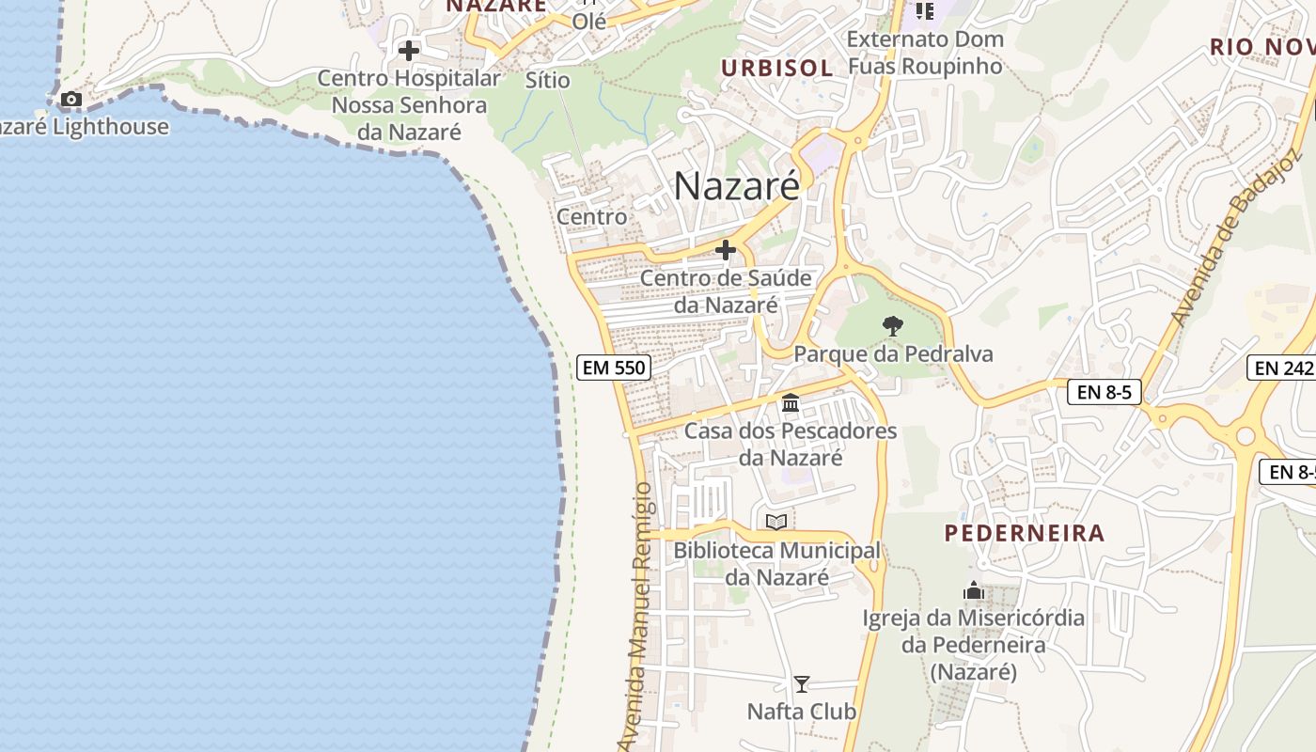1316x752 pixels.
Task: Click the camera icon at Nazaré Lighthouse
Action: click(70, 99)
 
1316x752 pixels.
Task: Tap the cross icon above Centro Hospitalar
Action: click(409, 50)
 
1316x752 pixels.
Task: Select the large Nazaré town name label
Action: click(736, 185)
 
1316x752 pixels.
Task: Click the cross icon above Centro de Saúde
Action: click(726, 250)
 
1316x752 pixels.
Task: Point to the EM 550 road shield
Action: click(614, 368)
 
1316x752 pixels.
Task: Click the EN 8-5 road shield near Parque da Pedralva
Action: click(1104, 392)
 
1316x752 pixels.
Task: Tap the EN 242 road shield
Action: click(1282, 368)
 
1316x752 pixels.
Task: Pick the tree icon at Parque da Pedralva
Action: click(893, 326)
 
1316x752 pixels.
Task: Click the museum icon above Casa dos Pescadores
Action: click(791, 403)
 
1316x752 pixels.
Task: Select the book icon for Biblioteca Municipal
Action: click(776, 522)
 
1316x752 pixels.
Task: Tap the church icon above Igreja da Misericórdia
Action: click(974, 591)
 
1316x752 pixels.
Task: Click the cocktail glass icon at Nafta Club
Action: click(802, 683)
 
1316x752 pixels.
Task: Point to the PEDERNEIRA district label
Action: click(1025, 533)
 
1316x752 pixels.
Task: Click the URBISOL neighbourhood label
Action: click(776, 68)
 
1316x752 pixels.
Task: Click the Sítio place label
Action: click(547, 80)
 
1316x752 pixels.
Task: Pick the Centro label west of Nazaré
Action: click(591, 216)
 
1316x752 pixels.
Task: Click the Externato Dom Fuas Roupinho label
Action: click(925, 53)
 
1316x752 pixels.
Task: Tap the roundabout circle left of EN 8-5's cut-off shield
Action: click(1246, 435)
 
